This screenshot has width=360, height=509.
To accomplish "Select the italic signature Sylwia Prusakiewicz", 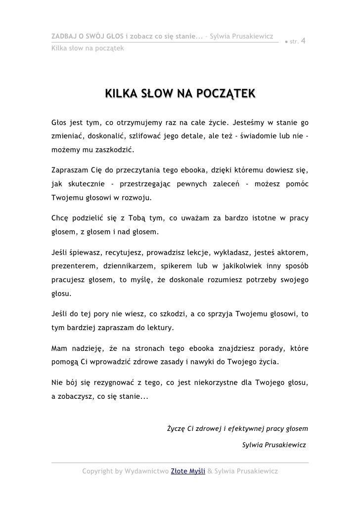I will click(x=274, y=445).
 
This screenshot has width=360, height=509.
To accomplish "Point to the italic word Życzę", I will click(x=177, y=428).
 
